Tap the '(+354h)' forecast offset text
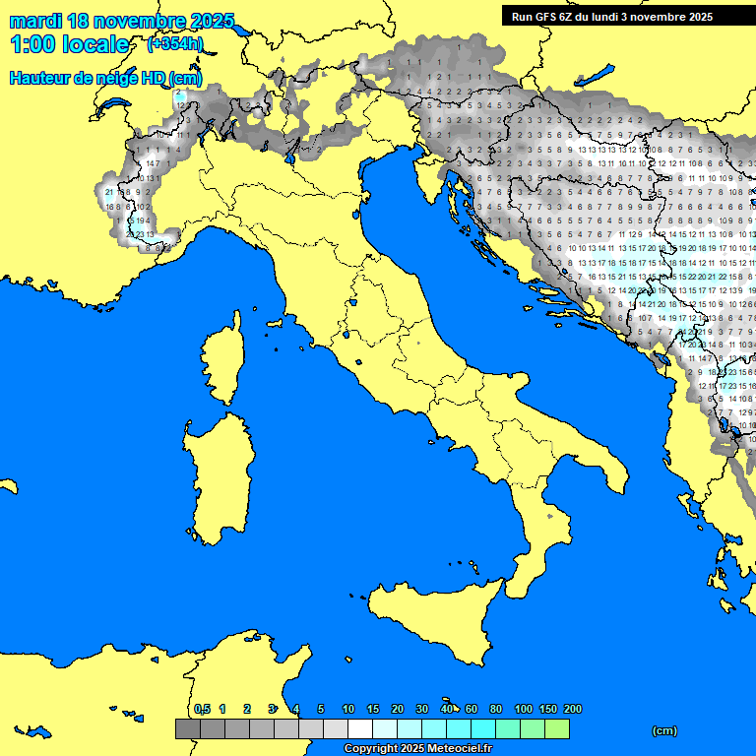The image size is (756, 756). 175,43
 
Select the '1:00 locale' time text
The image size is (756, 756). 70,44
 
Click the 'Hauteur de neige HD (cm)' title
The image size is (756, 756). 105,79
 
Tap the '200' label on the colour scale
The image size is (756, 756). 572,709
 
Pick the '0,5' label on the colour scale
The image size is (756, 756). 202,709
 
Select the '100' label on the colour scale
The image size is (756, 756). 524,709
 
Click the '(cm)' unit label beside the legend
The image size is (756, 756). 664,730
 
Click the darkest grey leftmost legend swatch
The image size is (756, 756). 187,729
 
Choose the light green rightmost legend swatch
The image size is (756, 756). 556,729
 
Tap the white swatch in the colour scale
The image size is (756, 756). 359,729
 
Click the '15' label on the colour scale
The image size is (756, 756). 373,709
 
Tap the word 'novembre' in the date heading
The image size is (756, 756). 134,21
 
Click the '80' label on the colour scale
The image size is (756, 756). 496,709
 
